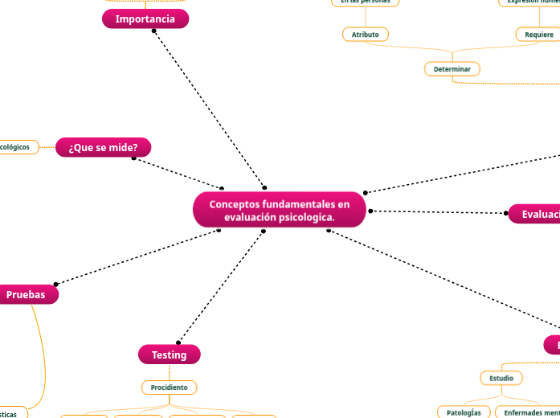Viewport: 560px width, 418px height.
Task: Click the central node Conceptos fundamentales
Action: [x=280, y=211]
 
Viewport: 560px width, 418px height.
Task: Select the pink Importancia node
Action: [x=145, y=19]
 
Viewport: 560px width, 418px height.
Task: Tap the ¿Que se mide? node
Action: [x=103, y=148]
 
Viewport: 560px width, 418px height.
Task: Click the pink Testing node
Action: [x=169, y=354]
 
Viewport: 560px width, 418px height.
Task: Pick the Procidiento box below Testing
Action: [x=169, y=387]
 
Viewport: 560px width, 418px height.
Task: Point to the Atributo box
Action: [x=366, y=35]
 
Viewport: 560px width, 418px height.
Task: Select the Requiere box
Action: [x=538, y=35]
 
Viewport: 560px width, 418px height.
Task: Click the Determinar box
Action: [x=452, y=69]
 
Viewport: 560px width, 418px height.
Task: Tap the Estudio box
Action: [x=501, y=378]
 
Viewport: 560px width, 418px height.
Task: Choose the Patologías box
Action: [x=464, y=412]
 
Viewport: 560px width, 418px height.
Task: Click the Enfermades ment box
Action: [x=527, y=412]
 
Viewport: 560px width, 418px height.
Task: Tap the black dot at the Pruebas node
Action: [x=55, y=284]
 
